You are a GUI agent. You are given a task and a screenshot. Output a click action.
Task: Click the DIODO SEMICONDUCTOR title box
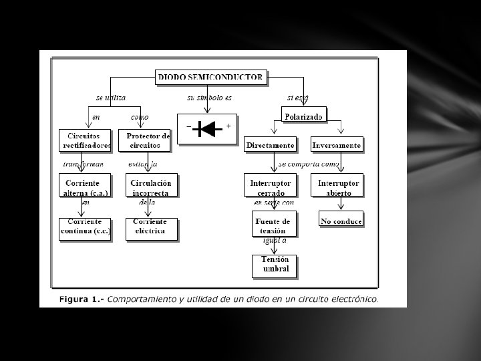click(210, 78)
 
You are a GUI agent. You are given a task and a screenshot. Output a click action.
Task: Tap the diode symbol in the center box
click(207, 128)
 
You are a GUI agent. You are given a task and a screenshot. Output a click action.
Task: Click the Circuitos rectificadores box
click(84, 140)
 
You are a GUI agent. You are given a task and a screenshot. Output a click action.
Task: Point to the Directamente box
click(270, 144)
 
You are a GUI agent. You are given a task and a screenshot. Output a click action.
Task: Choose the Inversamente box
click(337, 144)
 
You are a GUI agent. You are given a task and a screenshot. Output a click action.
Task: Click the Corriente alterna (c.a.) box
click(84, 187)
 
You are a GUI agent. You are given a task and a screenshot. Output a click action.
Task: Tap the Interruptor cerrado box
click(271, 187)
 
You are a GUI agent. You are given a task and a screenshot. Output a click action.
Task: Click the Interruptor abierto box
click(338, 187)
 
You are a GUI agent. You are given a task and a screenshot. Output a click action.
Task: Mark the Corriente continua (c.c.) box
click(84, 229)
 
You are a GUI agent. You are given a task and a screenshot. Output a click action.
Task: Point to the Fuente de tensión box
click(275, 225)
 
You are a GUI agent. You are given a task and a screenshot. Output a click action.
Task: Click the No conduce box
click(341, 221)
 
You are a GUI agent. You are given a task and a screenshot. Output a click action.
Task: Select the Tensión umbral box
click(275, 265)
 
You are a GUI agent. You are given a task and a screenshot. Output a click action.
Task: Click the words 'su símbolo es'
click(209, 98)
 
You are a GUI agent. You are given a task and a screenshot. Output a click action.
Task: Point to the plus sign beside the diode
click(228, 126)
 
